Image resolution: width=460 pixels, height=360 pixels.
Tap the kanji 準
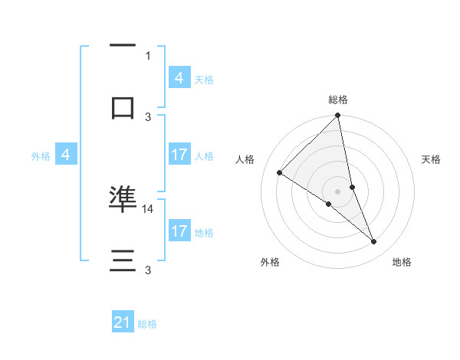click(123, 198)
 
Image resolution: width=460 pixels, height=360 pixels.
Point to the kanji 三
click(123, 261)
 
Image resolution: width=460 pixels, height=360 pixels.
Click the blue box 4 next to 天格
click(179, 78)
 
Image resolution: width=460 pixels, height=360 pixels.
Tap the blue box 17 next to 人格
click(179, 155)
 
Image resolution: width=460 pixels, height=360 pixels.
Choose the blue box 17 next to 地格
click(179, 231)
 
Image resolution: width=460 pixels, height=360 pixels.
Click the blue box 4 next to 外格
click(66, 155)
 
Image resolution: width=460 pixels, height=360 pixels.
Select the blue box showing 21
click(123, 322)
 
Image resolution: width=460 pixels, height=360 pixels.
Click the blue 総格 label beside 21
click(147, 324)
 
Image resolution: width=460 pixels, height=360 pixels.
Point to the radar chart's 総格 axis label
click(338, 100)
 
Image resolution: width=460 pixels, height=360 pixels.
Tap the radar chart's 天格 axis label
click(432, 159)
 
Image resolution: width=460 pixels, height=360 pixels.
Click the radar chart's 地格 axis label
click(402, 262)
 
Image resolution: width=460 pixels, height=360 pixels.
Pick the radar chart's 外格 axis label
click(270, 262)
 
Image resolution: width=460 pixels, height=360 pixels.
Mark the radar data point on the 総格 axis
click(338, 116)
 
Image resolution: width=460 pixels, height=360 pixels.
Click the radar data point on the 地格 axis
click(374, 242)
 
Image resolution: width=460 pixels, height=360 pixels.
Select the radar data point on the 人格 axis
click(280, 173)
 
